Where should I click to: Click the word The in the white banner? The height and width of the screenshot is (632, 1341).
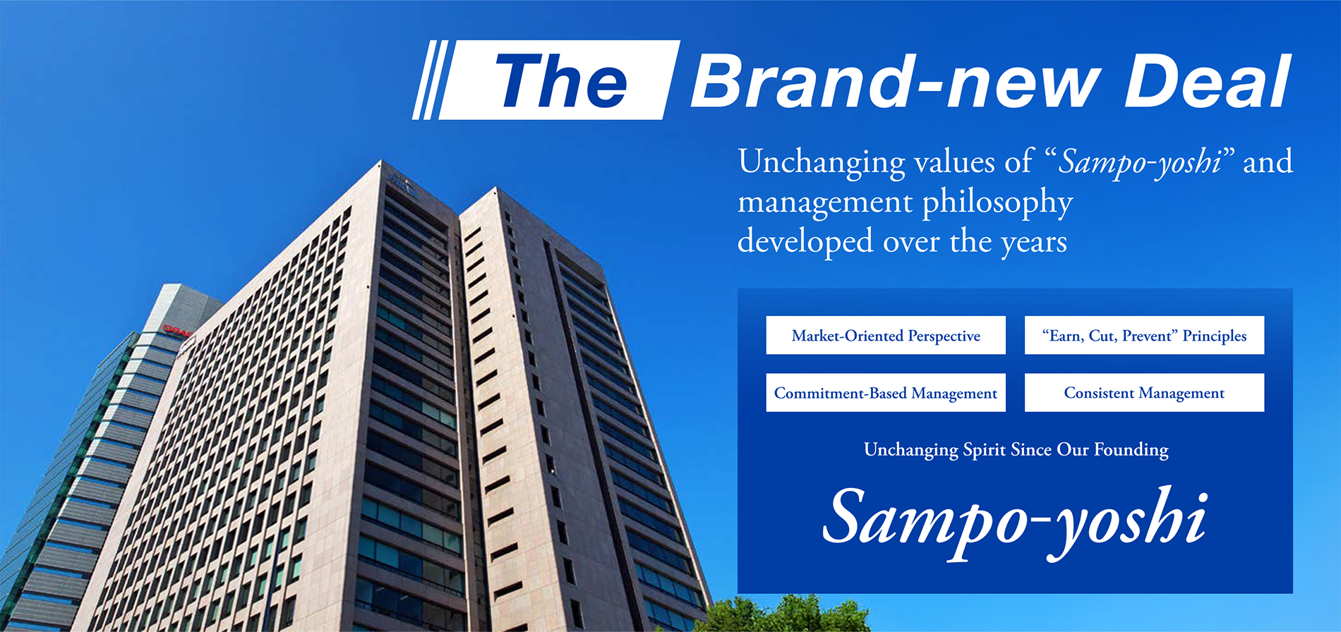[x=561, y=81]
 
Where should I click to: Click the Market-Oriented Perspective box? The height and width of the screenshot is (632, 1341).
[x=886, y=335]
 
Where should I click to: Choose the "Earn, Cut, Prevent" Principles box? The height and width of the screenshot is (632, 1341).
[x=1144, y=335]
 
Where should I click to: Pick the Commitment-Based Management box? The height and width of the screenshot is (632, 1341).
[x=886, y=392]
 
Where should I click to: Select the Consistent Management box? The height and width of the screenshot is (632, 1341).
[x=1144, y=392]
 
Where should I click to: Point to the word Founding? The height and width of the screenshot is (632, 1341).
[x=1131, y=450]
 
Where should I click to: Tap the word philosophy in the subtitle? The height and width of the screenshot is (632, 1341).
[x=997, y=204]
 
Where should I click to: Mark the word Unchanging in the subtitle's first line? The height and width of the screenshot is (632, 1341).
[x=822, y=162]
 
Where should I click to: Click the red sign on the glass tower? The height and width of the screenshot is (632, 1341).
[x=177, y=330]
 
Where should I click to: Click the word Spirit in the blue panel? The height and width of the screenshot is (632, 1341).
[x=984, y=450]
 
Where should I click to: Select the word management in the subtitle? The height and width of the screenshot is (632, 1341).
[x=825, y=204]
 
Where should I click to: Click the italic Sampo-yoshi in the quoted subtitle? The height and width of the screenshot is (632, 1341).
[x=1140, y=163]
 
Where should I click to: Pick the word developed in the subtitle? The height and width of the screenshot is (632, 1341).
[x=805, y=242]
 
